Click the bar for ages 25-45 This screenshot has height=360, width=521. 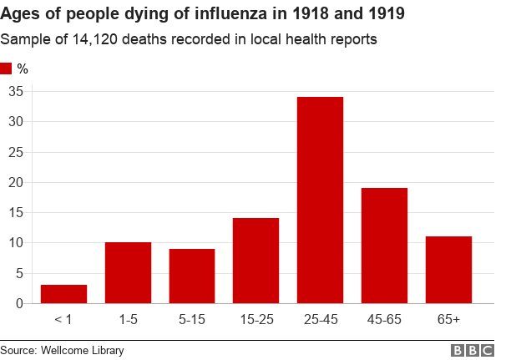tap(321, 200)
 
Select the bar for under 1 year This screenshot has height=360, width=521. tap(63, 294)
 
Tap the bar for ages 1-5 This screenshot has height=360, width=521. tap(128, 273)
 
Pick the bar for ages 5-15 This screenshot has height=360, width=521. tap(192, 276)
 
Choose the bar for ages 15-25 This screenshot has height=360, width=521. tap(256, 261)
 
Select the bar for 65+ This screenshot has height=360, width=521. tap(448, 270)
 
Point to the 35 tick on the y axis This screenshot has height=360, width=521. tap(16, 91)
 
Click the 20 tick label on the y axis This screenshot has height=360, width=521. tap(16, 182)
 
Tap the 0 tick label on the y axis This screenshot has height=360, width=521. tap(18, 303)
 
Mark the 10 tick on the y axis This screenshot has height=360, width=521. tap(16, 243)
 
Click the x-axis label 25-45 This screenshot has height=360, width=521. tap(321, 320)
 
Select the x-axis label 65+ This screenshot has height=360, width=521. tap(448, 320)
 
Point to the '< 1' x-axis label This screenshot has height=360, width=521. tap(63, 320)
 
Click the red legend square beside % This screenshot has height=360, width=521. tap(7, 68)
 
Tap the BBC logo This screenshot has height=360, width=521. tap(473, 351)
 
